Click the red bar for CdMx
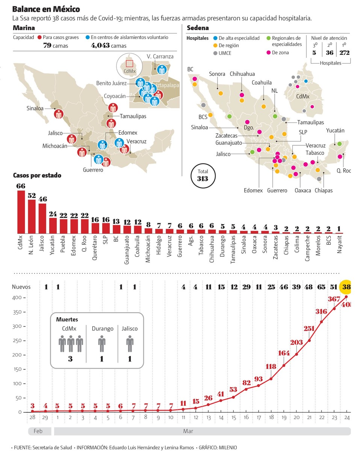[x=21, y=212]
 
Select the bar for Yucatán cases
[x=53, y=225]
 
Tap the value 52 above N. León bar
[x=32, y=196]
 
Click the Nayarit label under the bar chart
[x=339, y=244]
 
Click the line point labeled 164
[x=284, y=366]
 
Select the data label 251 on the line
[x=309, y=329]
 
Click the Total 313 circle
[x=203, y=175]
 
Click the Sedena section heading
[x=198, y=28]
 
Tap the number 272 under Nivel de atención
[x=344, y=53]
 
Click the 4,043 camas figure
[x=109, y=46]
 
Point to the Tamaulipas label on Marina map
[x=133, y=116]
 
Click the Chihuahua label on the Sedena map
[x=242, y=74]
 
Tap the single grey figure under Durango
[x=102, y=344]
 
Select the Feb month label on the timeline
[x=38, y=431]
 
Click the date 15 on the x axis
[x=233, y=417]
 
